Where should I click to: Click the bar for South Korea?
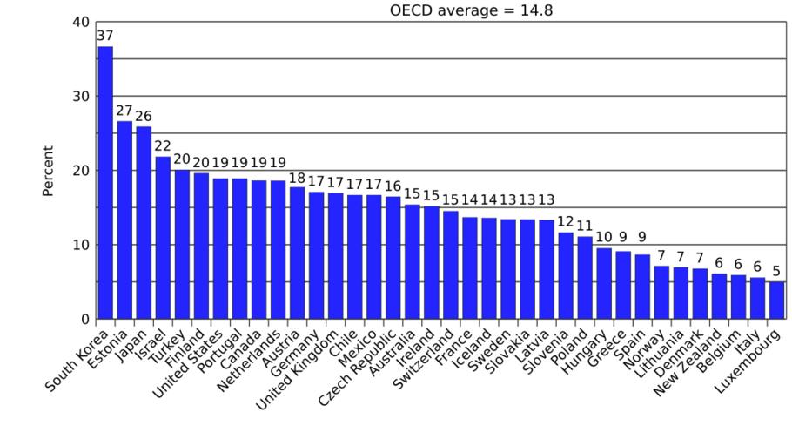tap(105, 183)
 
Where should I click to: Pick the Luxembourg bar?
tap(775, 300)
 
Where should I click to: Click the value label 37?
tap(105, 36)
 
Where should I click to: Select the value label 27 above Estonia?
tap(124, 111)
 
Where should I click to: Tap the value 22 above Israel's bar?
tap(163, 146)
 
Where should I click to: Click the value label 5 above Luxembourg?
tap(775, 271)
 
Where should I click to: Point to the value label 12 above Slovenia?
tap(565, 221)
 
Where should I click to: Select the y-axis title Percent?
tap(49, 171)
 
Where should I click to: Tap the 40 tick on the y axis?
tap(79, 22)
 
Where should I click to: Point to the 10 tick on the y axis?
tap(79, 245)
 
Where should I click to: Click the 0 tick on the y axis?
tap(84, 319)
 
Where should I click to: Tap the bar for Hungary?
tap(603, 283)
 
